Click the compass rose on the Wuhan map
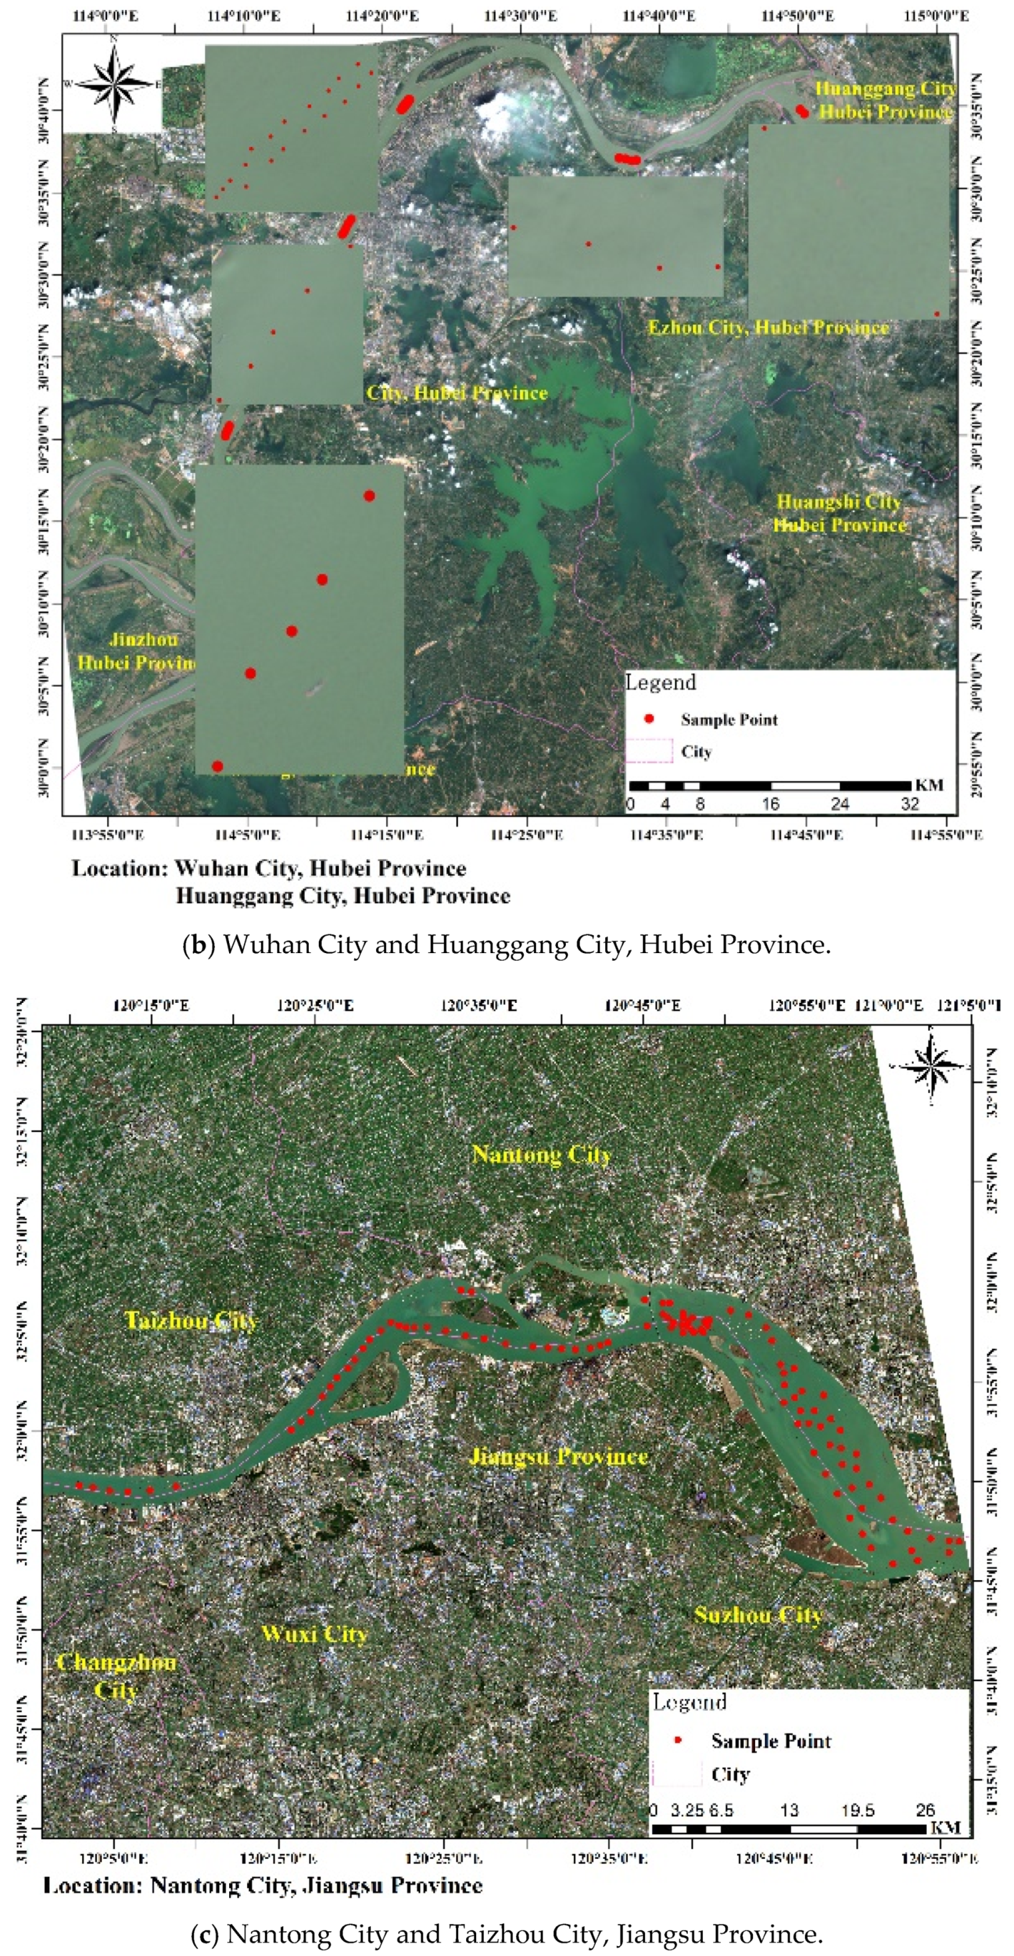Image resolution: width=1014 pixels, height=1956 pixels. (114, 83)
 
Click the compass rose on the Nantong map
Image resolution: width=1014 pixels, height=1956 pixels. (932, 1065)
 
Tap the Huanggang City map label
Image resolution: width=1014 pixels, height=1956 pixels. (885, 90)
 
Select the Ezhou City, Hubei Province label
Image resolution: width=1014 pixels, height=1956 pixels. (768, 328)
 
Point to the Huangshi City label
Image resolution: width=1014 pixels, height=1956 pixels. (838, 503)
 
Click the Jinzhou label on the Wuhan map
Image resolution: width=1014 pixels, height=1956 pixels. (144, 640)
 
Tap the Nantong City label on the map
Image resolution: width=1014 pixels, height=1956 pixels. (542, 1155)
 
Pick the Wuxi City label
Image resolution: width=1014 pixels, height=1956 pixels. (314, 1634)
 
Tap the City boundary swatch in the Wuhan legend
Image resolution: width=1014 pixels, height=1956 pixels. (649, 750)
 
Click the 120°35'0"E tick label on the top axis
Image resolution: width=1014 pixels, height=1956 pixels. (479, 1006)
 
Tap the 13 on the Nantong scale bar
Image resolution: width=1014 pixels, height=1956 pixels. (789, 1810)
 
